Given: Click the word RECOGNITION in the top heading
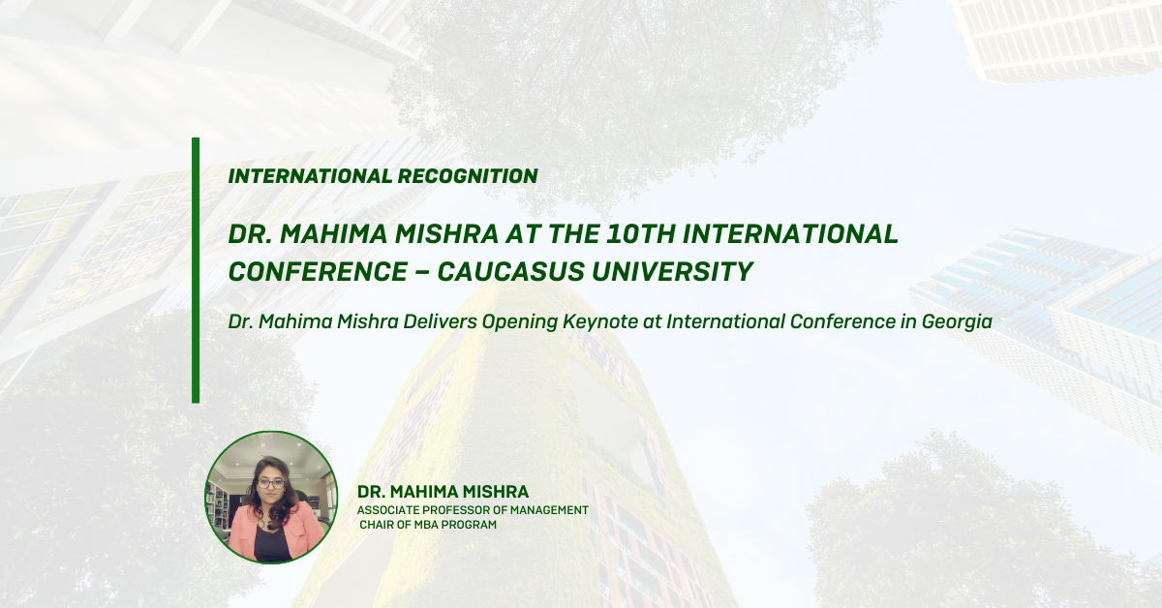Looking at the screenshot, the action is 468,176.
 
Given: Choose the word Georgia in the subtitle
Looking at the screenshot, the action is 957,322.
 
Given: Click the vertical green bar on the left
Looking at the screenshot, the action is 196,270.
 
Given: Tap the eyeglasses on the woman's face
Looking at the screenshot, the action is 271,483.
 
